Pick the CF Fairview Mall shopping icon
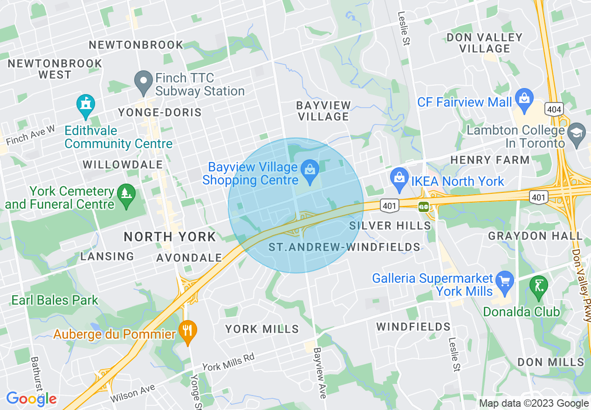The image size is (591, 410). [525, 99]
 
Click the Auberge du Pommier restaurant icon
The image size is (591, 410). [188, 331]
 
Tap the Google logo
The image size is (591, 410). [31, 399]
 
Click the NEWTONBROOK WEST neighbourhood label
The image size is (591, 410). [55, 69]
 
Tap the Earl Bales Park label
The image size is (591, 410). [55, 300]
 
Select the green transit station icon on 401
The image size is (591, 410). [424, 206]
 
